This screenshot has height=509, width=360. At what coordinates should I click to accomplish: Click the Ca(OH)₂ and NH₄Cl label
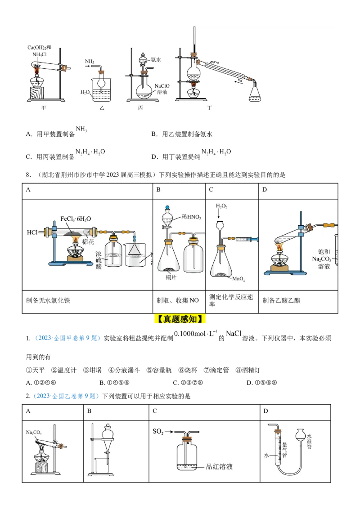coord(40,50)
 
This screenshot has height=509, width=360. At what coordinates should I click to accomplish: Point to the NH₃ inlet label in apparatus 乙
coord(89,61)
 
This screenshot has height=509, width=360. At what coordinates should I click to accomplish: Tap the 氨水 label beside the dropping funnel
coord(156,59)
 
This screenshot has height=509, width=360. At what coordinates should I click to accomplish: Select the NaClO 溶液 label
coord(162,89)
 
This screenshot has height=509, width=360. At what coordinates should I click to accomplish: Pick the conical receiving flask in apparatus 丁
coord(255,93)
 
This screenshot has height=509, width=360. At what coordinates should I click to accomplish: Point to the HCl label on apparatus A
coord(32,232)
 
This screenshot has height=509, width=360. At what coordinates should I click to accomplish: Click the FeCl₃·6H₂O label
coord(76,219)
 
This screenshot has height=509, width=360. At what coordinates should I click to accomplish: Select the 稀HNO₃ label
coord(192,217)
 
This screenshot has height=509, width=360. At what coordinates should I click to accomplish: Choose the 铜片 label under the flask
coord(171,277)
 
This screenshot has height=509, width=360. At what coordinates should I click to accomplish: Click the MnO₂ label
coord(238,279)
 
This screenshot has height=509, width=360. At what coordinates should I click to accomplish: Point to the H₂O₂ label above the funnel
coord(221,206)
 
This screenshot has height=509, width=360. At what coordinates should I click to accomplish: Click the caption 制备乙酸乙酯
coord(281,300)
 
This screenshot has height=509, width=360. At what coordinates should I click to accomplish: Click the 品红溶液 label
coord(219,467)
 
